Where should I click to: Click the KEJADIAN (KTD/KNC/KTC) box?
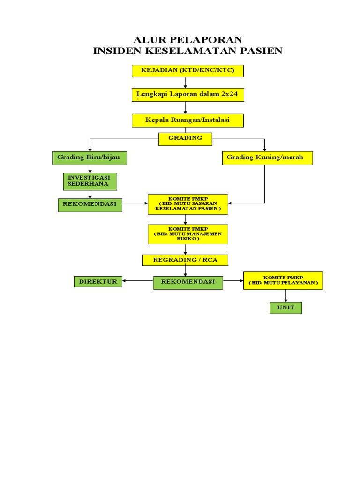(x=187, y=71)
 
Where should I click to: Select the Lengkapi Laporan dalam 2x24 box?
(x=187, y=94)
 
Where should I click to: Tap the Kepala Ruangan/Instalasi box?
(x=187, y=120)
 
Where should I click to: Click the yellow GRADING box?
(x=185, y=138)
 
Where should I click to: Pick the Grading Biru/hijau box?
(x=90, y=157)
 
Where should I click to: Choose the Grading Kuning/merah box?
(x=267, y=157)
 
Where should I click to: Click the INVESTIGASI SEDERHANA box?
(x=90, y=181)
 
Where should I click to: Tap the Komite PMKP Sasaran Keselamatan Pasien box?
(x=188, y=204)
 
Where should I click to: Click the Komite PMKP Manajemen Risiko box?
(x=188, y=234)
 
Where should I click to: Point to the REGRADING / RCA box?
(x=185, y=260)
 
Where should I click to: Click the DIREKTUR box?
(x=98, y=282)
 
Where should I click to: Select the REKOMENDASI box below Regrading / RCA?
(x=188, y=282)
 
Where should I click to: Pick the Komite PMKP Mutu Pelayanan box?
(x=283, y=280)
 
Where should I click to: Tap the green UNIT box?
(x=285, y=307)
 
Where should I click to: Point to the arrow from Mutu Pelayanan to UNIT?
(x=285, y=296)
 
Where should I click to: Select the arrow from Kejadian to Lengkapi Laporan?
(x=186, y=82)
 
